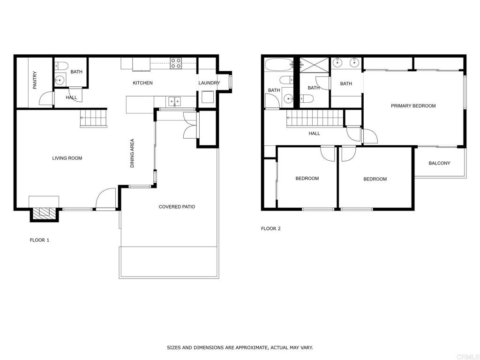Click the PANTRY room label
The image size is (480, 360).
tap(35, 80)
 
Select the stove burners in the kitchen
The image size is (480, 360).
tap(176, 63)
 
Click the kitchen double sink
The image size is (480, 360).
tap(175, 101)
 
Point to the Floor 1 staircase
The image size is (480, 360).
tap(94, 118)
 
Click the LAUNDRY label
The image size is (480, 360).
tap(209, 83)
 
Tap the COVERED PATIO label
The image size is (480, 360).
tap(177, 207)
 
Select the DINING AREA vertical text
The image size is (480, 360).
tap(132, 153)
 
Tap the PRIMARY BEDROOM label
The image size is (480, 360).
tap(413, 106)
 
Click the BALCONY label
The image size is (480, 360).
tap(439, 163)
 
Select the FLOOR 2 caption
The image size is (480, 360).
tap(270, 229)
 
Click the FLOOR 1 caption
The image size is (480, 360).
tap(39, 240)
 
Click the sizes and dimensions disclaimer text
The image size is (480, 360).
tap(240, 347)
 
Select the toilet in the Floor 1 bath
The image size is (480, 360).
tap(61, 66)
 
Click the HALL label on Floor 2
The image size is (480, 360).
tap(314, 134)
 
